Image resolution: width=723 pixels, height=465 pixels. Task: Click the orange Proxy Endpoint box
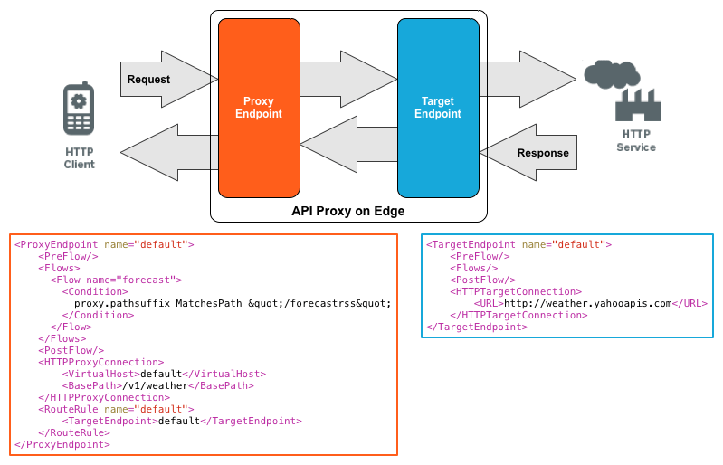pos(259,108)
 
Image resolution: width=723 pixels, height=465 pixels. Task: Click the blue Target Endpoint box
pos(438,108)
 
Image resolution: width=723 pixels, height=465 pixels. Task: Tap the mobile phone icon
pos(79,109)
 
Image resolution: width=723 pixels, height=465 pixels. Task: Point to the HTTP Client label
pos(79,157)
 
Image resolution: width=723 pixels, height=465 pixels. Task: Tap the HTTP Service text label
pos(636,140)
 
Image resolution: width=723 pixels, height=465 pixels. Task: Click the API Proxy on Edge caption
pos(347,211)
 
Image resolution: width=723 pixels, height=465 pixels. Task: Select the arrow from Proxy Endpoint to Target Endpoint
pos(348,81)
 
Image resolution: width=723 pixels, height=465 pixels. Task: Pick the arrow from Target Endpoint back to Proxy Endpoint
pos(348,144)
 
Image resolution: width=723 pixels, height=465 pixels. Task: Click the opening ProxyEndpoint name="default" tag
pos(104,244)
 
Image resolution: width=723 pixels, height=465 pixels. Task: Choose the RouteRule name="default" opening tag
pos(115,409)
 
